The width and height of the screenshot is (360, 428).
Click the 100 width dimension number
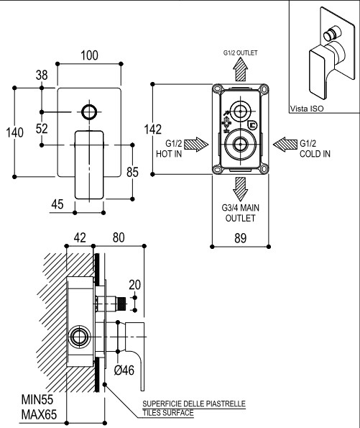click(89, 55)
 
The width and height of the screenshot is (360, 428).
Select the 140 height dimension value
click(14, 132)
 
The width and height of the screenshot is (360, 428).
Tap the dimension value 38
click(42, 75)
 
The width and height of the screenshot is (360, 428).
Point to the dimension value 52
click(42, 129)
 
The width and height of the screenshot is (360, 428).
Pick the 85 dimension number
click(132, 172)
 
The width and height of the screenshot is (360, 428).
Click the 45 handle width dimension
click(57, 204)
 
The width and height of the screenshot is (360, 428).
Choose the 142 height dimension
click(153, 129)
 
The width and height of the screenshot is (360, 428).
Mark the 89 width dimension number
click(240, 238)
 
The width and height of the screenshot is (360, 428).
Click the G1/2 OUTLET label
click(240, 53)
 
